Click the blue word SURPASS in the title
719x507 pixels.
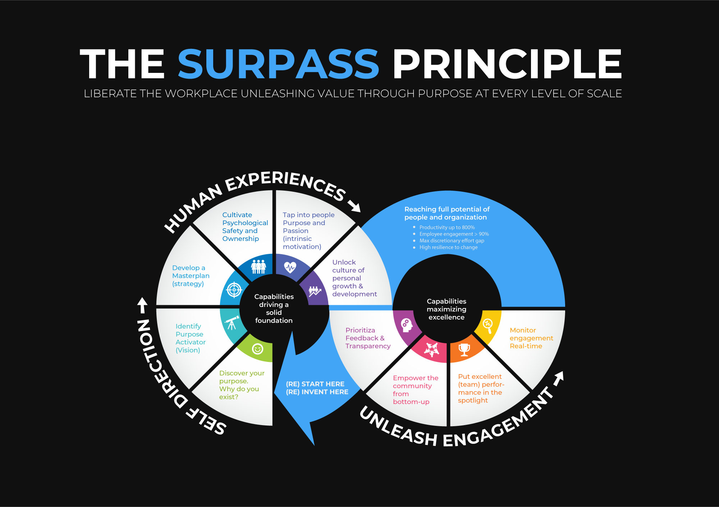tap(278, 64)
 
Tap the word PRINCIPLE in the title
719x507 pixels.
tap(507, 64)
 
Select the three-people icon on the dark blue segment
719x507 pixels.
tap(258, 267)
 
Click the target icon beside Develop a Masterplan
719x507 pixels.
tap(234, 289)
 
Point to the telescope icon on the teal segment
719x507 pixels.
tap(232, 323)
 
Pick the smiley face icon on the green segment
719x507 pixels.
tap(257, 349)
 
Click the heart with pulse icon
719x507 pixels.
tap(290, 267)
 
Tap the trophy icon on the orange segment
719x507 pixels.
tap(464, 349)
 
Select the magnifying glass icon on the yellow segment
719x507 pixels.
tap(488, 325)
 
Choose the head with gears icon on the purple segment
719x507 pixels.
tap(406, 325)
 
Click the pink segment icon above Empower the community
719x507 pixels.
tap(431, 349)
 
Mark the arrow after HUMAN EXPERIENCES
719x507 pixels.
tap(354, 206)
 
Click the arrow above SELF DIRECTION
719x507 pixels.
tap(143, 305)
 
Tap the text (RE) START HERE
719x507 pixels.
tap(315, 384)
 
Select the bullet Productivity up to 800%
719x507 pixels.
tap(447, 227)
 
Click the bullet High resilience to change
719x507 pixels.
tap(448, 247)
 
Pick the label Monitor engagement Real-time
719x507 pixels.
tap(531, 338)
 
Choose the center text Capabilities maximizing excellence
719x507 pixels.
tap(446, 309)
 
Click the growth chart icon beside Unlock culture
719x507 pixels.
tap(314, 291)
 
